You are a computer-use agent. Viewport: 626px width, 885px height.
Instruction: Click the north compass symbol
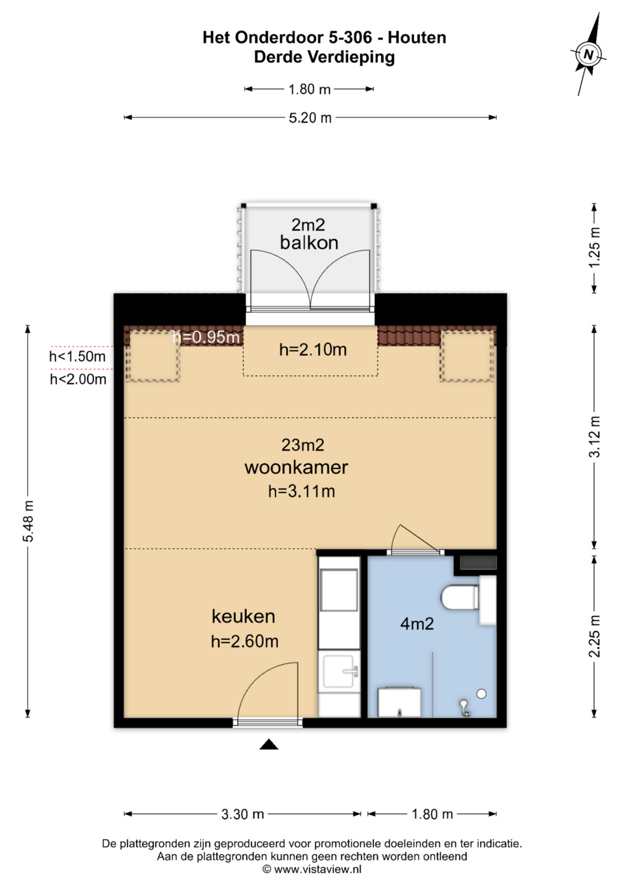point(588,54)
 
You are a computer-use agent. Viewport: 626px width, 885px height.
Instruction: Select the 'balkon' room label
point(309,243)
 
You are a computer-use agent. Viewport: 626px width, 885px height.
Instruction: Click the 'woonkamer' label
point(296,467)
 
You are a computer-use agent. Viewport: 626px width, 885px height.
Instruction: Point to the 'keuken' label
point(243,616)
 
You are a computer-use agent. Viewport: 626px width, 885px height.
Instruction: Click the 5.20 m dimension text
point(310,118)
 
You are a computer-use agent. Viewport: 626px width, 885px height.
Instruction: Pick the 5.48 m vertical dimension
point(28,520)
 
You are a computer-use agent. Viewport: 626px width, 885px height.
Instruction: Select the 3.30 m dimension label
point(243,814)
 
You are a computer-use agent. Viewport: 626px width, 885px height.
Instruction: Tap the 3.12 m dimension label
point(594,436)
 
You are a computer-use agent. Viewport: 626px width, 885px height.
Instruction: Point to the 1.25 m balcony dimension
point(594,247)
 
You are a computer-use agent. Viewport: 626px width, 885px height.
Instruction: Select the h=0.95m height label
point(206,337)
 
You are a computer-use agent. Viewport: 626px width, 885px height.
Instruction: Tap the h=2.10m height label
point(313,349)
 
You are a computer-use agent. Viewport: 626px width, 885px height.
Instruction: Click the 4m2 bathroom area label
point(417,624)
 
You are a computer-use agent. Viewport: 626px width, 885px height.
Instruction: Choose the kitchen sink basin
point(339,671)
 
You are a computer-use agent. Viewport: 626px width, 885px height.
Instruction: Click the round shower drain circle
point(481,693)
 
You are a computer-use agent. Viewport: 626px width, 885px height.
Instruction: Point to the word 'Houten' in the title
point(417,38)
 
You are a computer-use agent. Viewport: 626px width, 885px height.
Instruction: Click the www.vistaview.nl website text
point(318,869)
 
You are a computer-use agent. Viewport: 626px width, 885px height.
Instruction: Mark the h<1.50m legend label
point(78,356)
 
